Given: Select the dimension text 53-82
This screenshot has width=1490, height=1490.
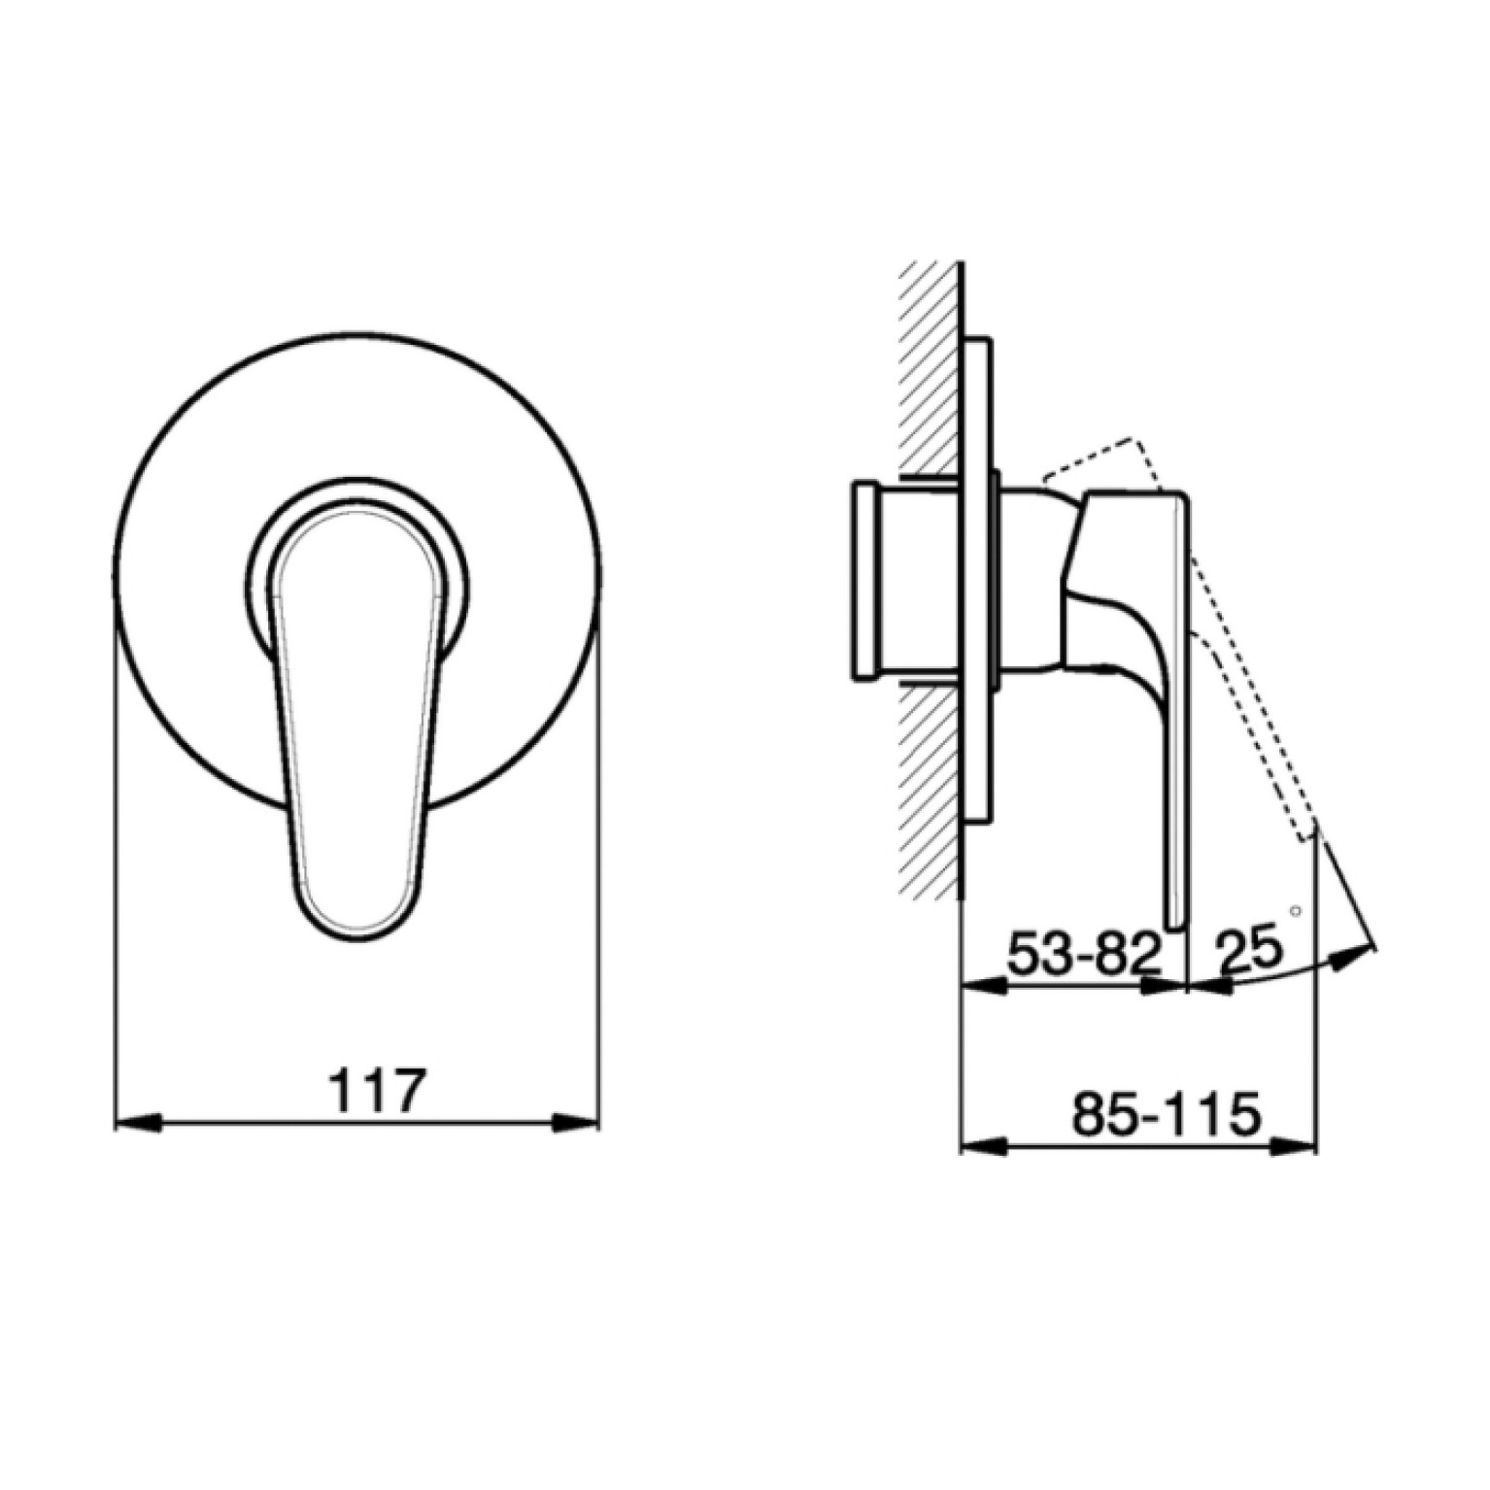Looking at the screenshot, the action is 1085,955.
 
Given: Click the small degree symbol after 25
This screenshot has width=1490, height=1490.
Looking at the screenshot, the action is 1294,911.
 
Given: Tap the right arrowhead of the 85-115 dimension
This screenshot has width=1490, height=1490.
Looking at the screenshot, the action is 1294,1147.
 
